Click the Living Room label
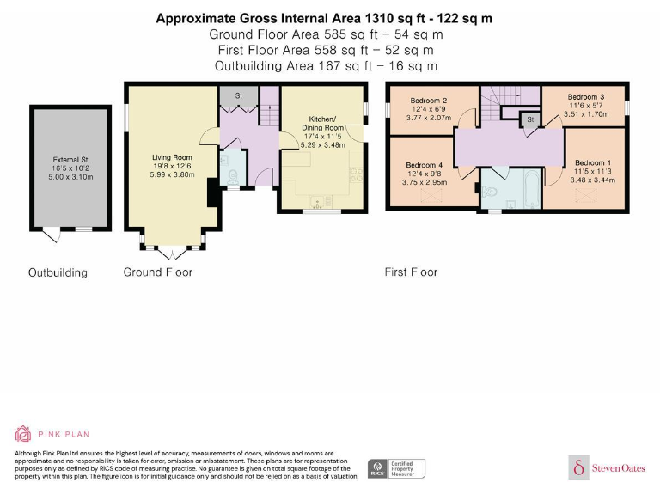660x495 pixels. pyautogui.click(x=171, y=158)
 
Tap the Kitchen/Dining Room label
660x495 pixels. pyautogui.click(x=324, y=126)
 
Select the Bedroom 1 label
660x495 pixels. pyautogui.click(x=593, y=163)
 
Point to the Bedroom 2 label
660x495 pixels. pyautogui.click(x=427, y=101)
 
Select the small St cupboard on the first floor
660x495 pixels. pyautogui.click(x=530, y=119)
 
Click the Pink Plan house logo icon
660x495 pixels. pyautogui.click(x=23, y=434)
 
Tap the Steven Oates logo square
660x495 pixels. pyautogui.click(x=578, y=468)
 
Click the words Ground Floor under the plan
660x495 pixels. pyautogui.click(x=158, y=272)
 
